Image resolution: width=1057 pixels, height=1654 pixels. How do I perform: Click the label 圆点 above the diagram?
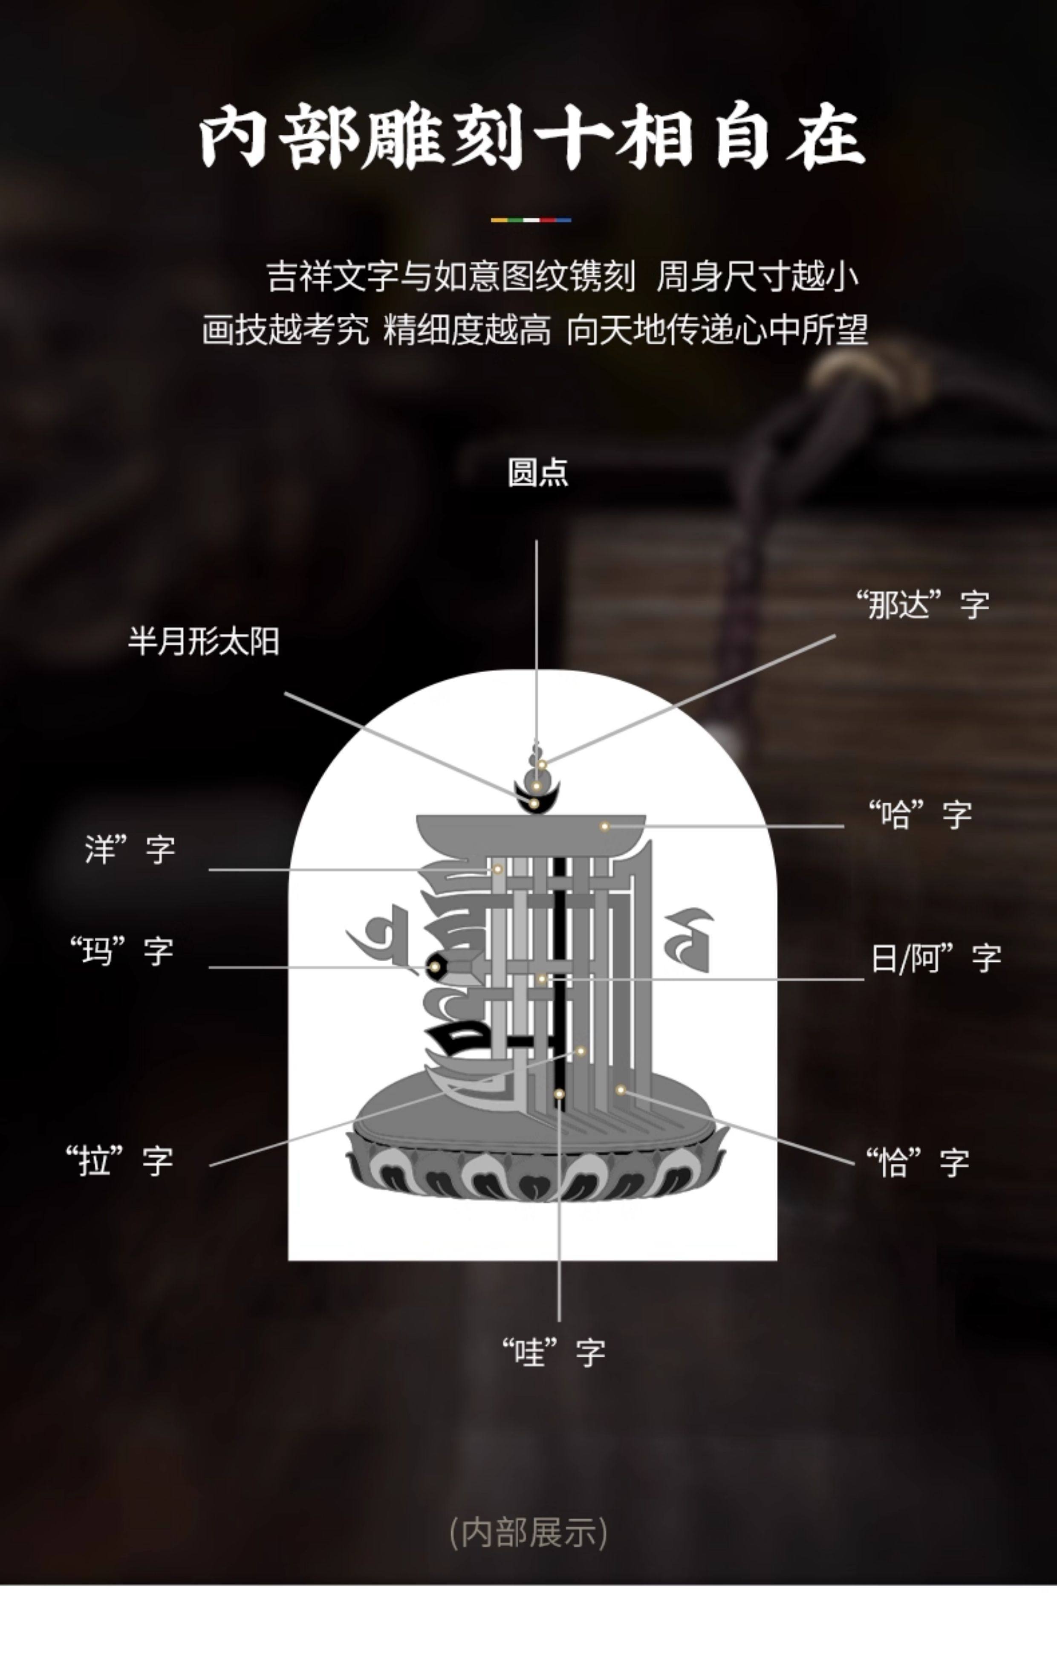point(538,473)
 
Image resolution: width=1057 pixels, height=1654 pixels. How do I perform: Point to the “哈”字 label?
point(920,815)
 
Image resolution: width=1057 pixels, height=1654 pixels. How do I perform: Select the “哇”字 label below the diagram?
point(554,1352)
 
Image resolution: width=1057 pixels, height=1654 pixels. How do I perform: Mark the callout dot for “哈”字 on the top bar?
point(604,826)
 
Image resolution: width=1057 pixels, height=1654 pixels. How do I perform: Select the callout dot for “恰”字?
point(620,1090)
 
